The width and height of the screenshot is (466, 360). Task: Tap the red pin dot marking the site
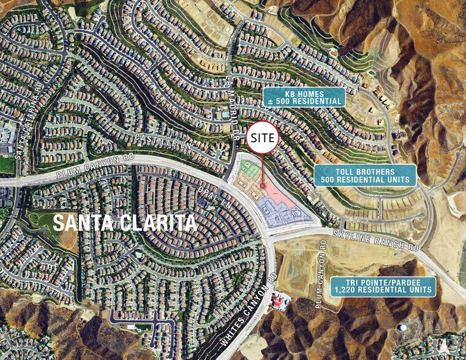point(263,186)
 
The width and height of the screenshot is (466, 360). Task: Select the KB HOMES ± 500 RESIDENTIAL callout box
point(304,96)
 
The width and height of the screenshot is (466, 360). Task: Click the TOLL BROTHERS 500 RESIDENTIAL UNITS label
point(364,176)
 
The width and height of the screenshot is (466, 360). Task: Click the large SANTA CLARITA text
point(125,222)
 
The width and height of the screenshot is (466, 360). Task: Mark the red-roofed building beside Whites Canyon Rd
point(280,301)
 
